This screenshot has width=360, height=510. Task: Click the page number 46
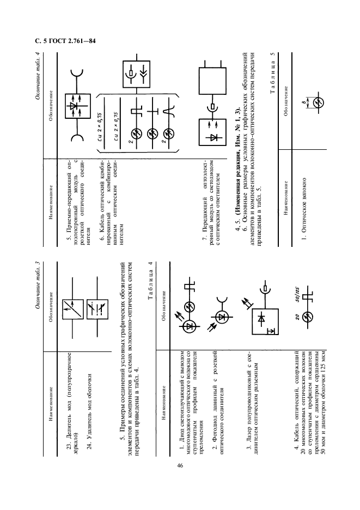coord(180,465)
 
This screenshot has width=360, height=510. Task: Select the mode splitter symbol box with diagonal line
coord(73,309)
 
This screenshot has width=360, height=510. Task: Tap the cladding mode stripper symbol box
coord(97,309)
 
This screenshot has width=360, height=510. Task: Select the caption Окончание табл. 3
coord(38,284)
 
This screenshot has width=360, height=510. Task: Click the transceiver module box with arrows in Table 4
coord(77,106)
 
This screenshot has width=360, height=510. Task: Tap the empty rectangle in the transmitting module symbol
coord(212,81)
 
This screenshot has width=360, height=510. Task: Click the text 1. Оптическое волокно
coord(304,205)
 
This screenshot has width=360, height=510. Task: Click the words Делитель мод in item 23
coord(69,418)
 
